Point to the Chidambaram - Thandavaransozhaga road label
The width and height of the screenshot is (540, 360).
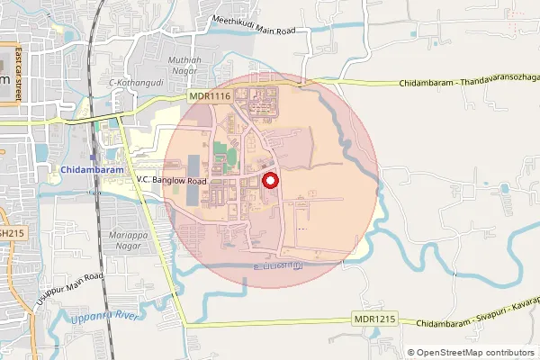click(x=469, y=84)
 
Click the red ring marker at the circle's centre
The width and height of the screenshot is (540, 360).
click(x=269, y=181)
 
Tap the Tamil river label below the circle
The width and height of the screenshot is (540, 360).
click(x=276, y=265)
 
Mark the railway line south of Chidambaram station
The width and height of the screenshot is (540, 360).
click(x=103, y=270)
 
